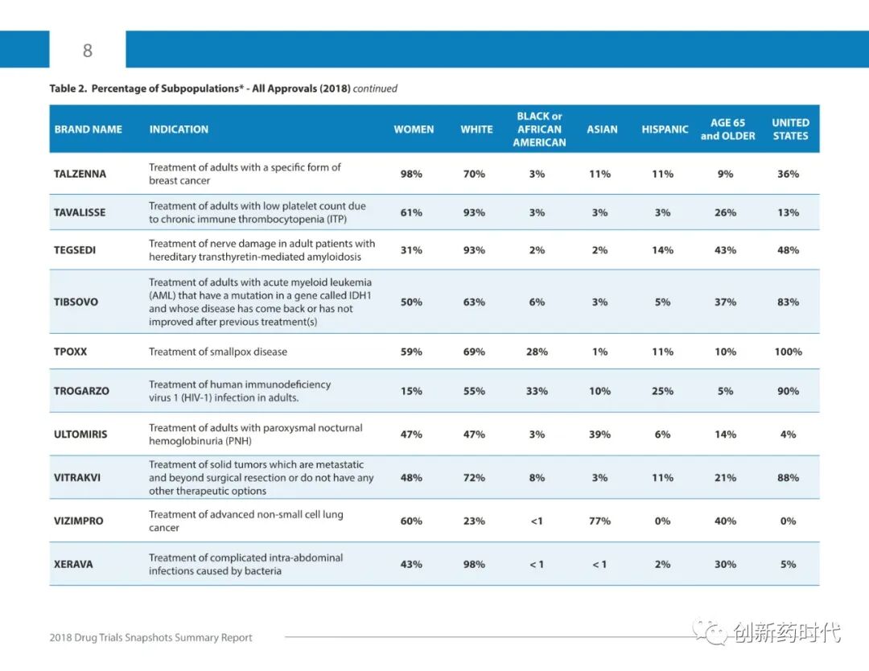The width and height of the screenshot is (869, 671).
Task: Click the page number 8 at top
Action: (87, 51)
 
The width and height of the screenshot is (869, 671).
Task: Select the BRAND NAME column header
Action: (89, 129)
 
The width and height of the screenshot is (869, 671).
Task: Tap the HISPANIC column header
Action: (665, 129)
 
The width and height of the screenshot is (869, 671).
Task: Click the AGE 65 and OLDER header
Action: (727, 130)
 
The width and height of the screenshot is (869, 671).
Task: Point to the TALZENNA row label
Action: (80, 174)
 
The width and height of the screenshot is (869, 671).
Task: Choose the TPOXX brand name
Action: (70, 352)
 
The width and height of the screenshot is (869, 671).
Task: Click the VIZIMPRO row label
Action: (79, 521)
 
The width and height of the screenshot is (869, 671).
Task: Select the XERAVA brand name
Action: (73, 564)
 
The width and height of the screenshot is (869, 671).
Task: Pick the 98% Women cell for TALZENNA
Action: (411, 174)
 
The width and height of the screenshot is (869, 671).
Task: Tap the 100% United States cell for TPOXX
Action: (788, 352)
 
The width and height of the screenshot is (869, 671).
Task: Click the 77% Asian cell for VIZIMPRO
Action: (599, 521)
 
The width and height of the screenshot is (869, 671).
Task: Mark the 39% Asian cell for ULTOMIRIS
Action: (599, 434)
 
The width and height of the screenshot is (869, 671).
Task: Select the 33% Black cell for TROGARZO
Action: (537, 391)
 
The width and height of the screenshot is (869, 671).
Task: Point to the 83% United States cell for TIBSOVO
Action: (788, 302)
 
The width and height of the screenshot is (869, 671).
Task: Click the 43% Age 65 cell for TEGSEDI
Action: (725, 250)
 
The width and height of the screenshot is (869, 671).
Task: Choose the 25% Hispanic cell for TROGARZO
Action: (662, 391)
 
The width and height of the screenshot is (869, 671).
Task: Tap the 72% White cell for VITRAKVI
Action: (474, 478)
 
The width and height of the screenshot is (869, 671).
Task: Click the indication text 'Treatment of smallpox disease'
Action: (218, 352)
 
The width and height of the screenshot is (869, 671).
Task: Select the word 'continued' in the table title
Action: (375, 89)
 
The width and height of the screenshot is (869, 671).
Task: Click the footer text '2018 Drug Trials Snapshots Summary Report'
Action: (151, 637)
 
